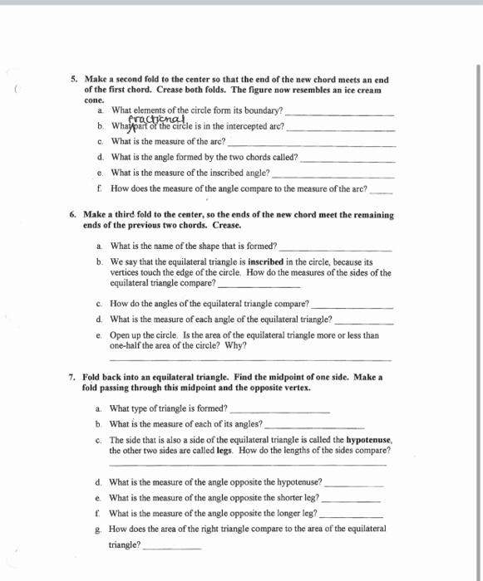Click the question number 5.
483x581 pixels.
(x=73, y=81)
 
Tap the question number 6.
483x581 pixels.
(x=73, y=215)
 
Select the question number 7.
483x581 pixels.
(x=73, y=377)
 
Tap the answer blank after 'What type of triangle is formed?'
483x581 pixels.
(x=279, y=411)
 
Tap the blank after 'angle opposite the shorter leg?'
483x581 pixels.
(x=350, y=501)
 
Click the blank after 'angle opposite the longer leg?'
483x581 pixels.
(x=348, y=515)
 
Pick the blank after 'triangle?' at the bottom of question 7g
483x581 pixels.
(x=172, y=548)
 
